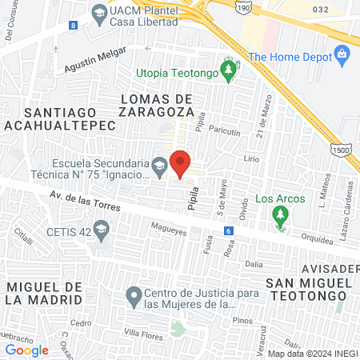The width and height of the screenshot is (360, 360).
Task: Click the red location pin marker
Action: pos(181,162)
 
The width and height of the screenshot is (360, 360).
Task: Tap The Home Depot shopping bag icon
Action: pos(342,57)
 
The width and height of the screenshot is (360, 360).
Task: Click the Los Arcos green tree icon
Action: pos(279,215)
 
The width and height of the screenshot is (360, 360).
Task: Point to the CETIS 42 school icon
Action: pos(101,232)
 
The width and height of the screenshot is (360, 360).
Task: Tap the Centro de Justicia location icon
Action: pos(134,298)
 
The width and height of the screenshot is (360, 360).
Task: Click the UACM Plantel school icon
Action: pos(98,13)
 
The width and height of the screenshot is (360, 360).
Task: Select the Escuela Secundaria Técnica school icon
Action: pos(160,167)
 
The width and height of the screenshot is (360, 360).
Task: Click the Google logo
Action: pos(27,350)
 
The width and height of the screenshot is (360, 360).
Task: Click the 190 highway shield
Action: pos(242,6)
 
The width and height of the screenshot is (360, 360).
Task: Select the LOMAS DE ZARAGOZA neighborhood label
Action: pos(156,104)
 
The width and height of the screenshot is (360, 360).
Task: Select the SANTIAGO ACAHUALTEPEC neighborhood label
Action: pos(50,118)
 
